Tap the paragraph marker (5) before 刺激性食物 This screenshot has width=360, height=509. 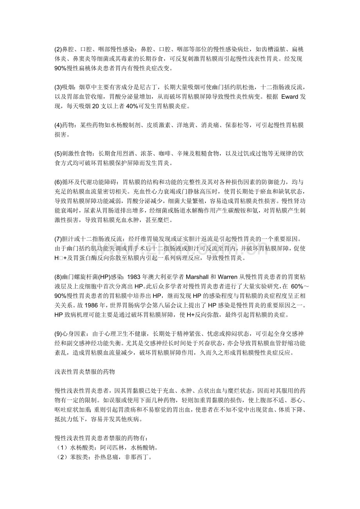(58, 154)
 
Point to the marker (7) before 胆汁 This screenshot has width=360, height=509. (58, 239)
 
